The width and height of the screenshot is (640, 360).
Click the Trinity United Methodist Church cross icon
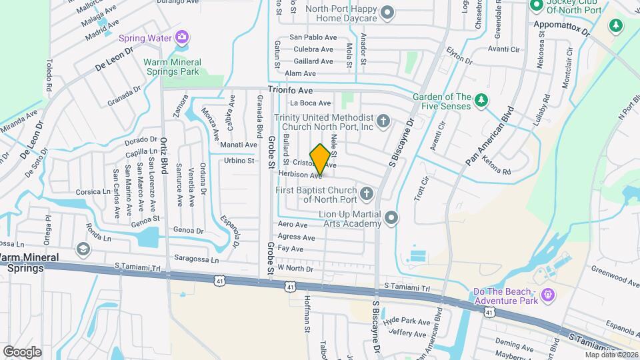(383, 121)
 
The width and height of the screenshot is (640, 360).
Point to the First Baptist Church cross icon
(366, 194)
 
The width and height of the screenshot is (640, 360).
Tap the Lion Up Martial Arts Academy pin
(391, 218)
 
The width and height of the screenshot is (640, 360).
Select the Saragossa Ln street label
(196, 258)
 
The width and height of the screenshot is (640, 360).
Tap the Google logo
(22, 351)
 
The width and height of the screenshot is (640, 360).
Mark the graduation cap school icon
(83, 249)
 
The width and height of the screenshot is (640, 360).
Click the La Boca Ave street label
(310, 103)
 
